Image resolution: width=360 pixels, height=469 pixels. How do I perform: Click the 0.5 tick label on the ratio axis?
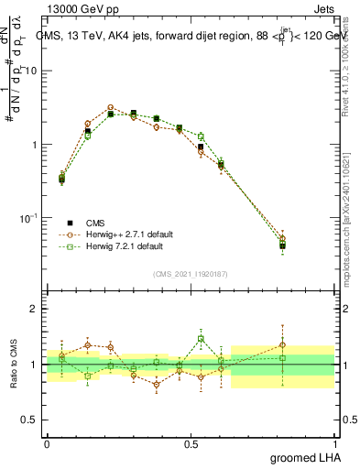(30, 420)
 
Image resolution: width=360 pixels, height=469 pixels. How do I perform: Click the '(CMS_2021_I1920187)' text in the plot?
(191, 274)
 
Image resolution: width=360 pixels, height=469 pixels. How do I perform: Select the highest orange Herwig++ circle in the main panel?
(111, 107)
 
